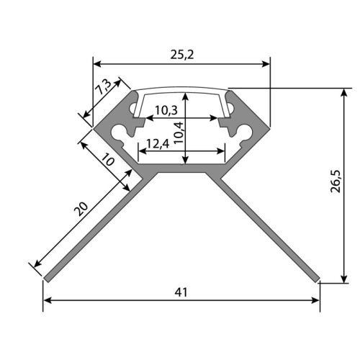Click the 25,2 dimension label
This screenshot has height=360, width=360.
click(182, 55)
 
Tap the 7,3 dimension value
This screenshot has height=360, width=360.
click(103, 86)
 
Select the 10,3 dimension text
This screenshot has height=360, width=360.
click(166, 110)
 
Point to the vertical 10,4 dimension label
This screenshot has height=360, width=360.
click(179, 133)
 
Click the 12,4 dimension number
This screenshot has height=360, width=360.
click(158, 144)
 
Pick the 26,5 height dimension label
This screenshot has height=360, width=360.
click(336, 181)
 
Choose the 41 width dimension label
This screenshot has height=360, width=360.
click(181, 292)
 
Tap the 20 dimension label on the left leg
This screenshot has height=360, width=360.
click(81, 209)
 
